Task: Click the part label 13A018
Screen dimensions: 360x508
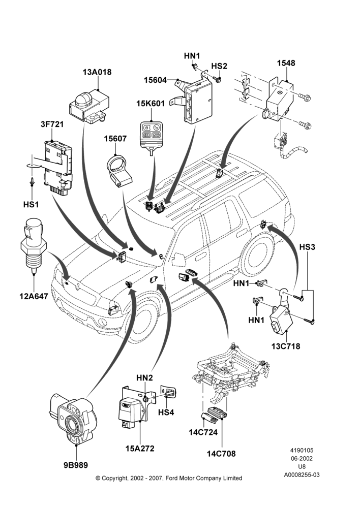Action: [x=97, y=72]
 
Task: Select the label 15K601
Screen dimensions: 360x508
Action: [x=151, y=103]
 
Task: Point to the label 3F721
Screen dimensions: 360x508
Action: [x=52, y=124]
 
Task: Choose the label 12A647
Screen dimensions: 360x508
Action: [x=34, y=296]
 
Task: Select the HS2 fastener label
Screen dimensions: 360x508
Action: [x=219, y=66]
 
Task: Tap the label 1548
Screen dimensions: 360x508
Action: [x=286, y=63]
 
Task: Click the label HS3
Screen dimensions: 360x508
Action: [x=307, y=247]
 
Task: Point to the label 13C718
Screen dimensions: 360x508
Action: [x=286, y=346]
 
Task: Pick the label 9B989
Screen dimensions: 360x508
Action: [x=76, y=465]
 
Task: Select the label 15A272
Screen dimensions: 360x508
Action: [x=140, y=449]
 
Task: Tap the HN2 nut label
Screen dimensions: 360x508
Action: [x=144, y=377]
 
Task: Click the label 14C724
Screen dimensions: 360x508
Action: [x=203, y=432]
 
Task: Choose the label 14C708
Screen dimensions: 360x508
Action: [x=221, y=454]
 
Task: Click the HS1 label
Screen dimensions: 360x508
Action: [x=31, y=204]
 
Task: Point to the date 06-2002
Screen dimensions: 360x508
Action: [x=302, y=458]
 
